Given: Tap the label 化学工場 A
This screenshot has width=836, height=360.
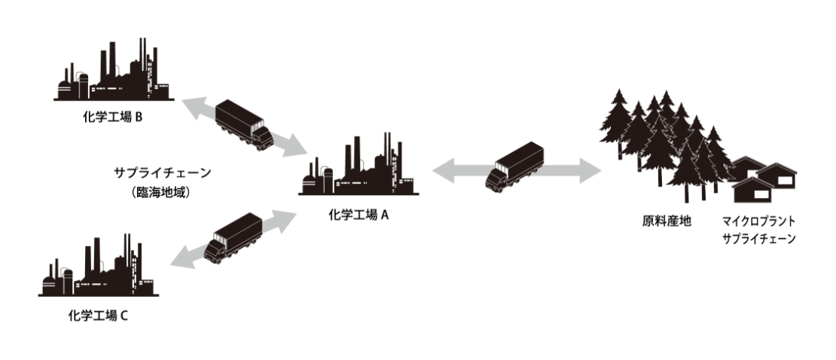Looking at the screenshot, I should point(359,215).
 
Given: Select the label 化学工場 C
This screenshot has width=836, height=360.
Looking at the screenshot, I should point(97,315).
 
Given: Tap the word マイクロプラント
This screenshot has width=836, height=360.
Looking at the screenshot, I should point(757,222).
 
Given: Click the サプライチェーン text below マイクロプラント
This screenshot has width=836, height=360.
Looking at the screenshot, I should point(757,239).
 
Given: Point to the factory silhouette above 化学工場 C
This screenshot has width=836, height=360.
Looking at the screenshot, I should point(98,267).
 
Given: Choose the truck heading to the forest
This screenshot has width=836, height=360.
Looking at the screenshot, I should point(516,167).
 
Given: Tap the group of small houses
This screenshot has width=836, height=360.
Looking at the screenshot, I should point(764,180).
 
